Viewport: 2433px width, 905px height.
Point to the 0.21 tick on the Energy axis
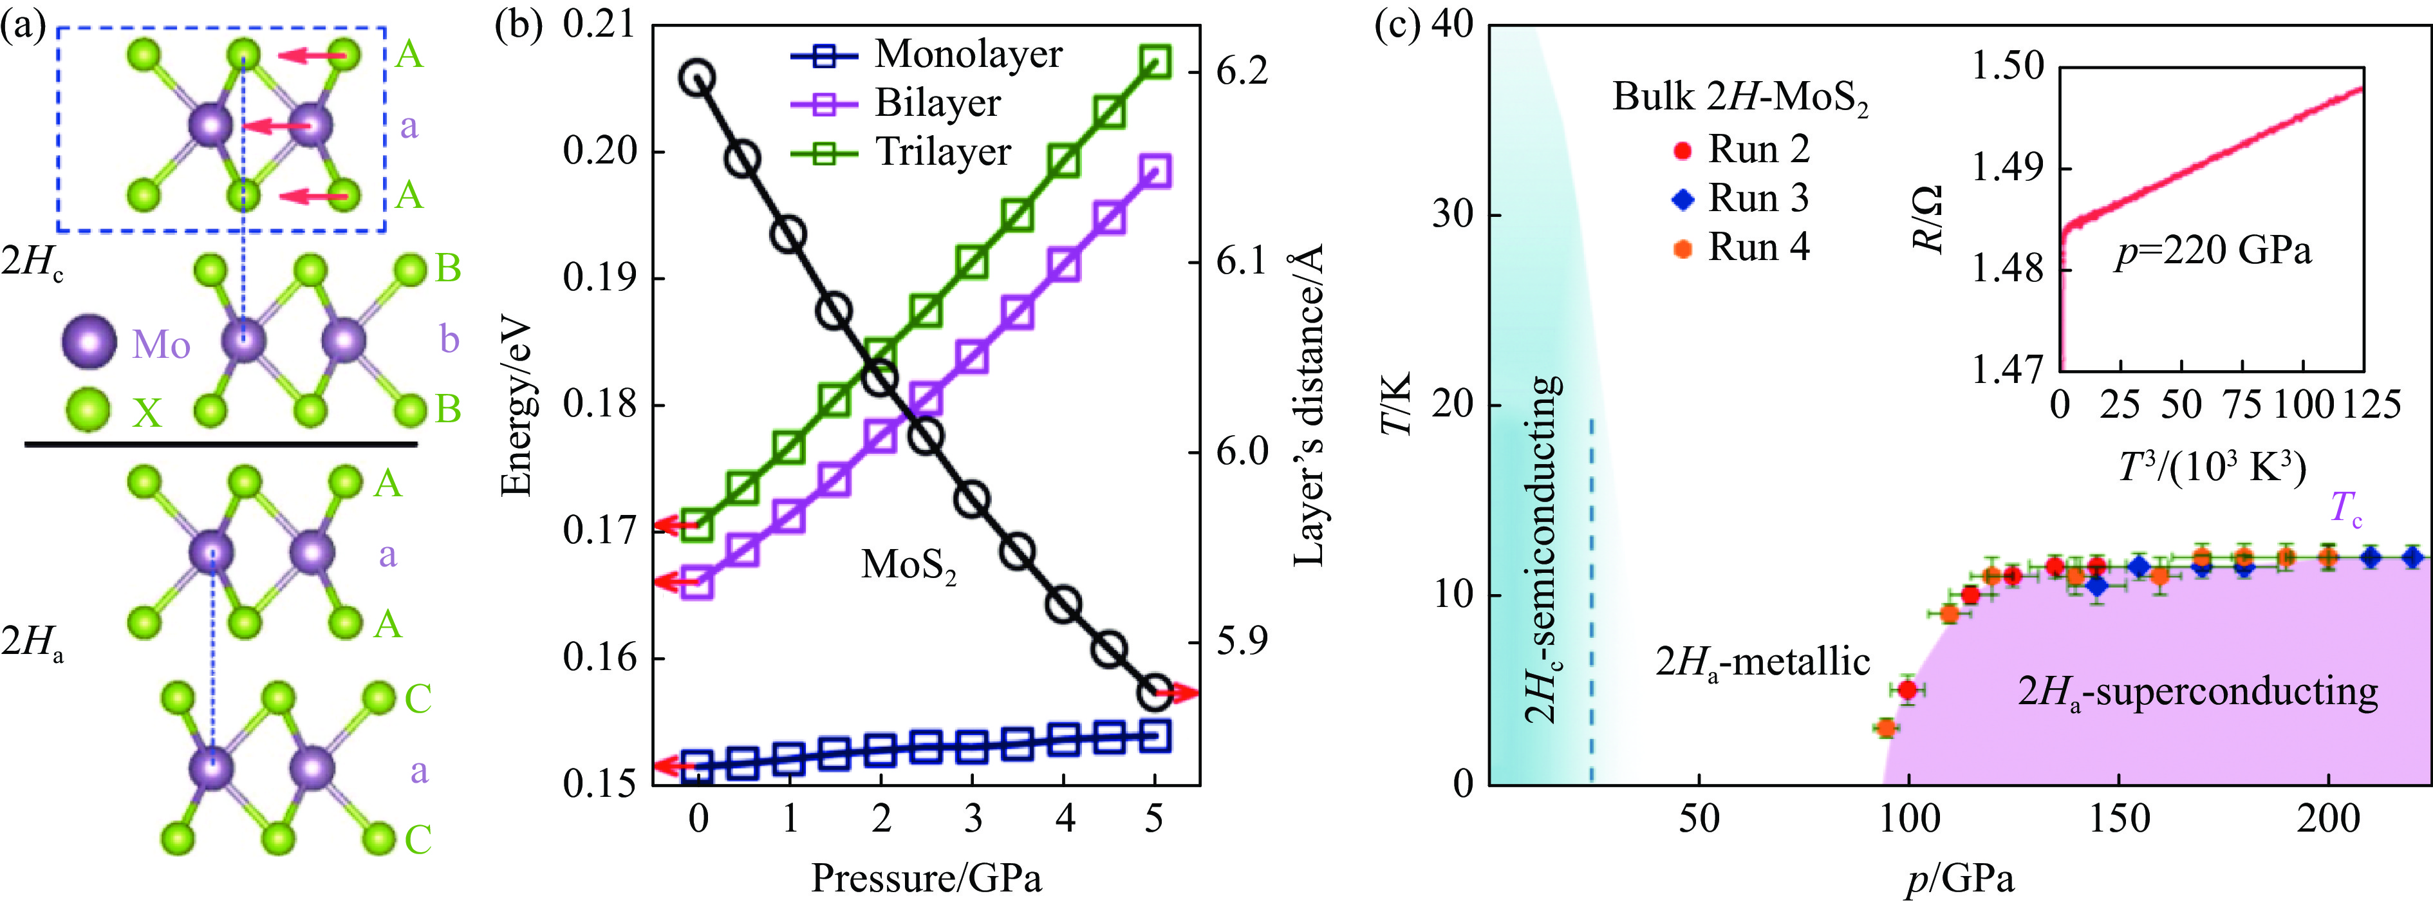click(x=601, y=26)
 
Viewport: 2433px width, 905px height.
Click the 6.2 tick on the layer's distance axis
click(x=1241, y=72)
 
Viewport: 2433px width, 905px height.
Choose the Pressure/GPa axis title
click(x=926, y=879)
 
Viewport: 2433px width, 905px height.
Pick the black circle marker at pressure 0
click(x=698, y=77)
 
